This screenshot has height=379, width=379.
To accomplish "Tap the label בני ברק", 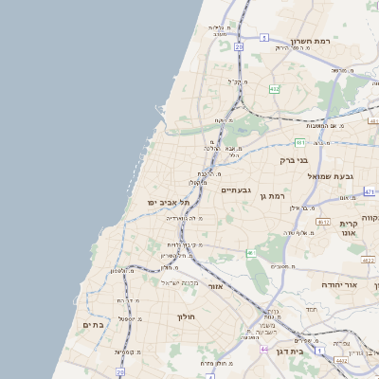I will (295, 160).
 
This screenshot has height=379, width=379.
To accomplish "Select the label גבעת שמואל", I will (331, 176).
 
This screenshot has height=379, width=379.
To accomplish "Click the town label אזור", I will (215, 284).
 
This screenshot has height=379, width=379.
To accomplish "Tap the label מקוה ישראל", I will (178, 282).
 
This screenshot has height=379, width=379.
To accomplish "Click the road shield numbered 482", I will (274, 89).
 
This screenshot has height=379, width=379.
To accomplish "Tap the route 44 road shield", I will (263, 349).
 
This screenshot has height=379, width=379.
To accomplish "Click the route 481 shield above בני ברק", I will (299, 142).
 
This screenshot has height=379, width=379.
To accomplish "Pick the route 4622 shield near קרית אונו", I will (368, 258).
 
